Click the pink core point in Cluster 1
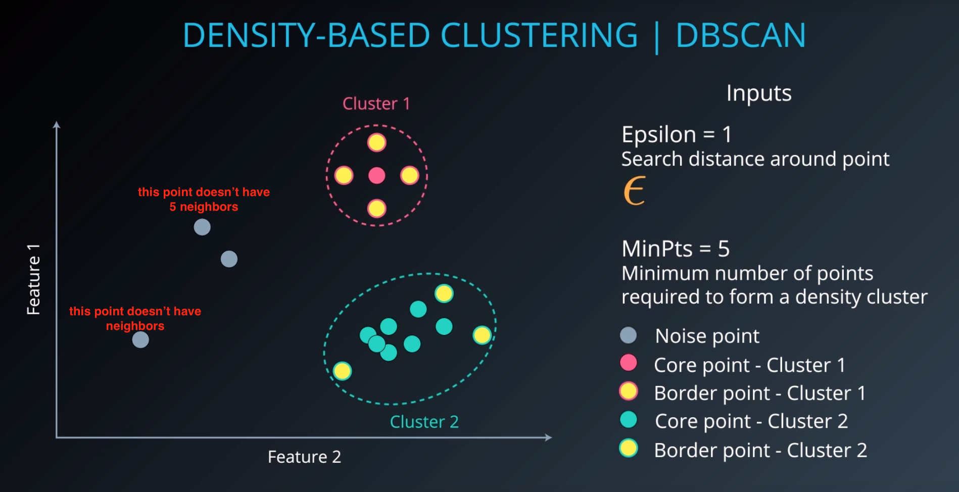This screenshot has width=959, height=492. [x=376, y=176]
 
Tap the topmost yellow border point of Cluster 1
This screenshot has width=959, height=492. [x=376, y=142]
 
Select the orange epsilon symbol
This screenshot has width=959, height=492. [x=635, y=190]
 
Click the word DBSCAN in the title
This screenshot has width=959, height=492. [x=741, y=35]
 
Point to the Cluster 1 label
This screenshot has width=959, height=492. [x=376, y=104]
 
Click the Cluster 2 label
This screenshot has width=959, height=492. [x=424, y=422]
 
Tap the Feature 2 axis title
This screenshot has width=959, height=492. [x=304, y=457]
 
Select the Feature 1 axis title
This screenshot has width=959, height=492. [x=33, y=279]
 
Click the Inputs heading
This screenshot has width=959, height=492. [x=759, y=93]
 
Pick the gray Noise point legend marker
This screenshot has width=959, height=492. [x=628, y=335]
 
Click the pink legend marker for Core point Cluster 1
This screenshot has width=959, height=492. [x=628, y=363]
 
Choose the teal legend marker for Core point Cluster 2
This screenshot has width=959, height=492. [x=628, y=420]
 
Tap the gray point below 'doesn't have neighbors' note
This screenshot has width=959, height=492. [x=140, y=340]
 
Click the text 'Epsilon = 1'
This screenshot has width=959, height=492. [x=677, y=134]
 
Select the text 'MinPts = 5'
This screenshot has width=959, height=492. [x=676, y=249]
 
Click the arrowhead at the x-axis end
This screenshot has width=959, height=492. [x=548, y=437]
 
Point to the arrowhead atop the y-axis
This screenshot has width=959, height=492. [x=57, y=125]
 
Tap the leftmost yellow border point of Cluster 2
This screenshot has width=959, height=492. [x=342, y=371]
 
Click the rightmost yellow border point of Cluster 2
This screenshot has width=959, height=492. [x=482, y=335]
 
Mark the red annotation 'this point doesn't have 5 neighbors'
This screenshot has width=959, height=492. [x=204, y=199]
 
